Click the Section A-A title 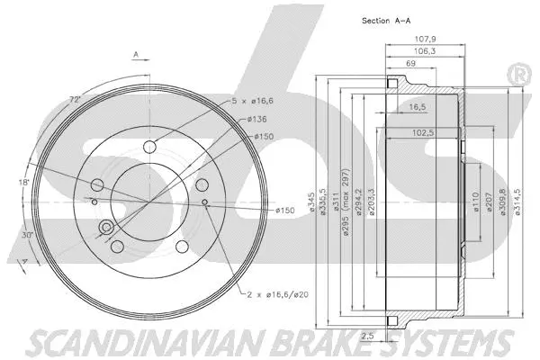(x=386, y=20)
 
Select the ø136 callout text (x=256, y=119)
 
